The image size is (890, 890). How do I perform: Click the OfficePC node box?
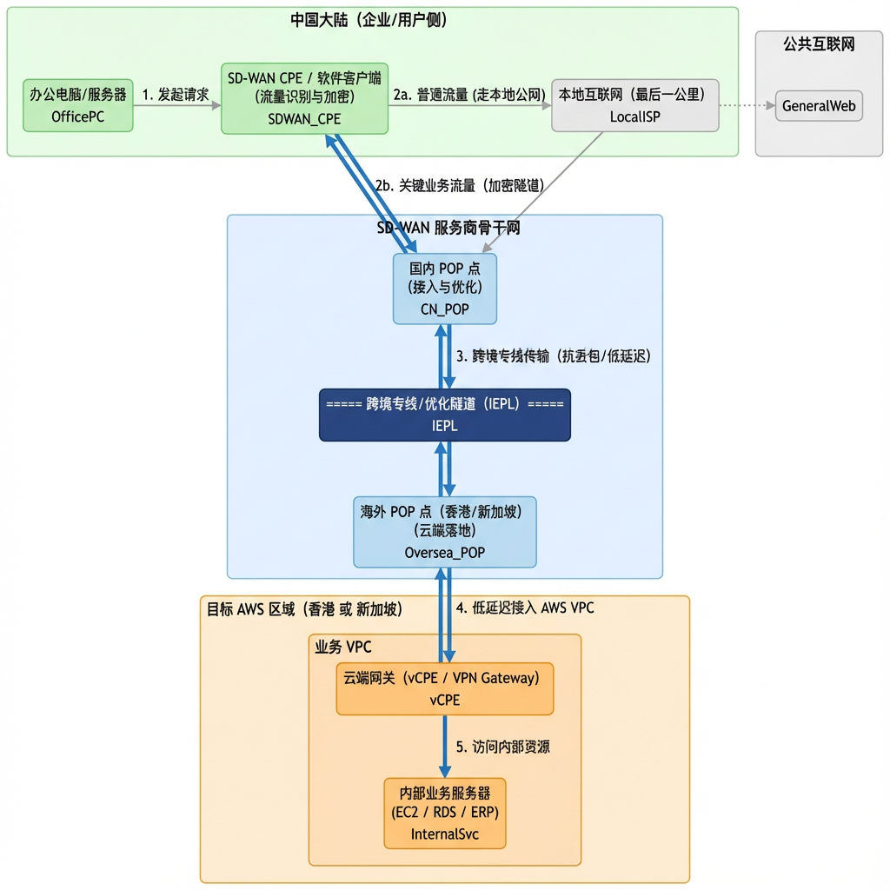tap(78, 105)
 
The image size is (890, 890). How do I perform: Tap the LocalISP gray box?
tap(634, 105)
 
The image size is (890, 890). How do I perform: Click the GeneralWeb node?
tap(819, 106)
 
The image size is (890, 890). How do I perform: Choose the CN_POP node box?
tap(444, 289)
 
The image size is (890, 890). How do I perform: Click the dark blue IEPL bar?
tap(444, 415)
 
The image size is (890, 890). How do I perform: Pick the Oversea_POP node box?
tap(444, 532)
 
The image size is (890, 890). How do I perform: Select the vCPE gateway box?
tap(444, 688)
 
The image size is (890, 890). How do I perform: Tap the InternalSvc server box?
tap(444, 814)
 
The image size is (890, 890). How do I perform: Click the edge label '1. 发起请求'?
tap(176, 95)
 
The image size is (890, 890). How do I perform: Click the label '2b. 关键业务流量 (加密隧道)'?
tap(460, 185)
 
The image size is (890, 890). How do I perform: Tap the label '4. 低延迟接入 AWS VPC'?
tap(525, 608)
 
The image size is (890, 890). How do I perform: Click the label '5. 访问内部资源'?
tap(502, 747)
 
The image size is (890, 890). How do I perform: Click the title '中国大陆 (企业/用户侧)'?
tap(369, 19)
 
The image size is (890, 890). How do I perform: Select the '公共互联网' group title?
tap(818, 44)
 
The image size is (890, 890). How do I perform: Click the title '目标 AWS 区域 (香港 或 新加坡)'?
tap(304, 609)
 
